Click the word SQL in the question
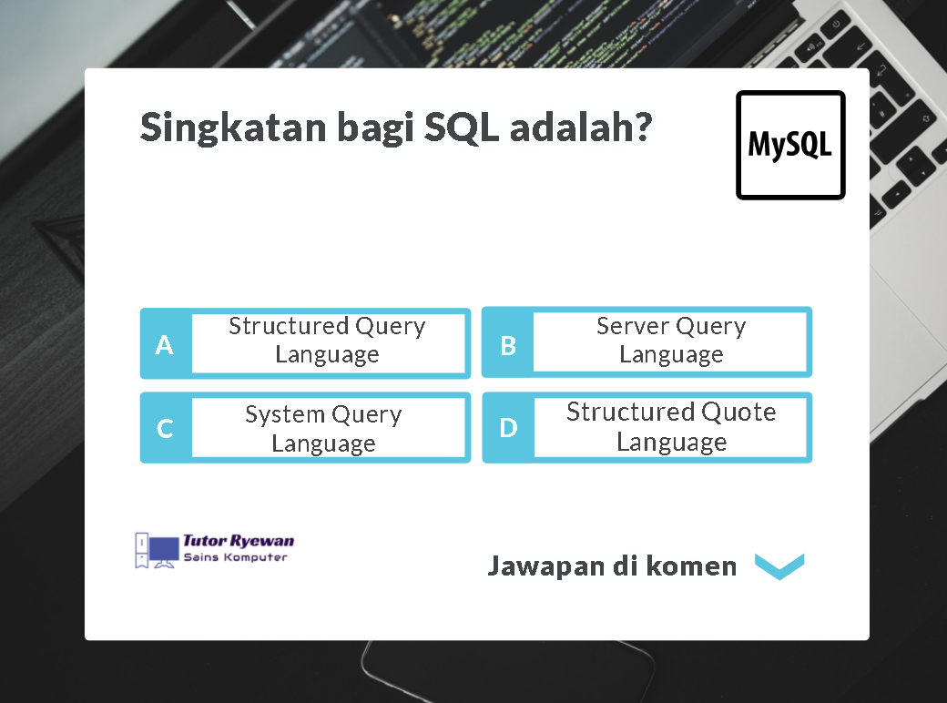(462, 127)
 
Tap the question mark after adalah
(641, 126)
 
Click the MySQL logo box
(790, 145)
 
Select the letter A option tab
(166, 344)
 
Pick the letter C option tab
(166, 428)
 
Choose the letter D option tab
(508, 428)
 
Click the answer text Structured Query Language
(327, 340)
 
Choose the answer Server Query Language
(671, 340)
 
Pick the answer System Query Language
(323, 429)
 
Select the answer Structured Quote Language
(671, 426)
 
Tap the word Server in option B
(633, 326)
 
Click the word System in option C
(285, 415)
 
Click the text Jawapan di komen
(613, 566)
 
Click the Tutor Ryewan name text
(239, 541)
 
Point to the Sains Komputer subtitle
(236, 556)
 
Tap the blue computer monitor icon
(164, 552)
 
